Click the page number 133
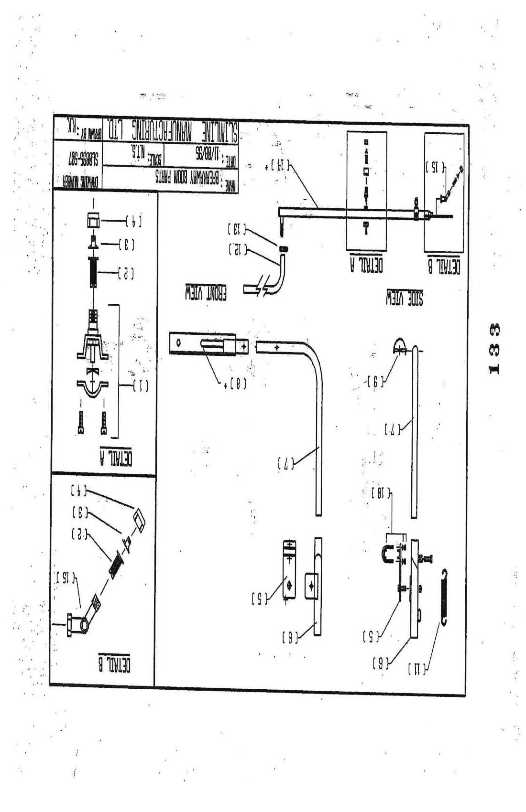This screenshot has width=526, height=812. (x=495, y=349)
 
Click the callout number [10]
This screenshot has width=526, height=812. (x=382, y=492)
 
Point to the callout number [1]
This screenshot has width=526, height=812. (x=140, y=386)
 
